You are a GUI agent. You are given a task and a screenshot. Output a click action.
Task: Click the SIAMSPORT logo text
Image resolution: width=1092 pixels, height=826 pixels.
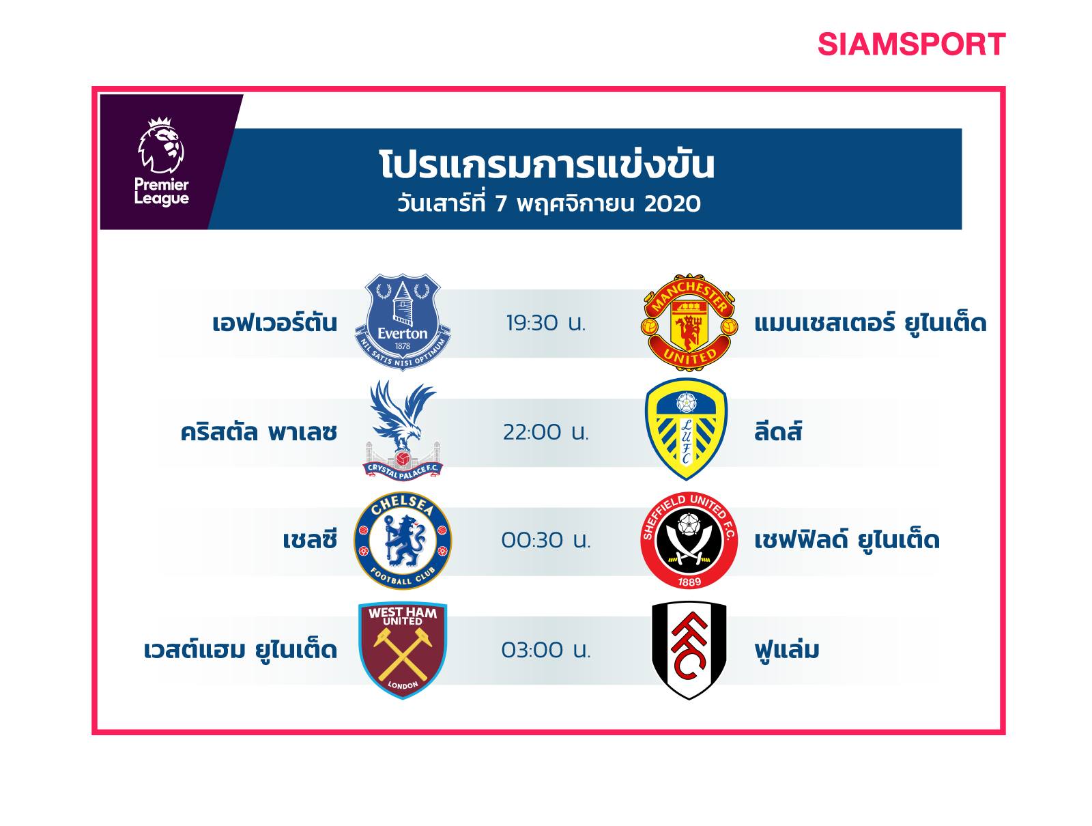(x=911, y=44)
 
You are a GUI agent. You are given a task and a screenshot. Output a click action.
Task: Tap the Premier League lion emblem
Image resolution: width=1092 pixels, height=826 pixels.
(x=160, y=145)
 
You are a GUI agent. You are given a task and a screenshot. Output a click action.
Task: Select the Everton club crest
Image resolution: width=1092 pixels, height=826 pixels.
(x=403, y=322)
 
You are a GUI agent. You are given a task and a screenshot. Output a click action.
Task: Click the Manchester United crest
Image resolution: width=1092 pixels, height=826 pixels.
(x=689, y=322)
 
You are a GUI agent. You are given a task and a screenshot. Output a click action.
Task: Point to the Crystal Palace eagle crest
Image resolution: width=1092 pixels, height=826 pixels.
(x=403, y=430)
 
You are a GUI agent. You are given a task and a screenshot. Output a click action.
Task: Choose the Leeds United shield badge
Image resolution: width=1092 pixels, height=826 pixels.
(x=686, y=429)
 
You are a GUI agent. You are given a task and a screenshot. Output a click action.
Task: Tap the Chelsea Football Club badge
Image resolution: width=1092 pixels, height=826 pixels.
(x=403, y=541)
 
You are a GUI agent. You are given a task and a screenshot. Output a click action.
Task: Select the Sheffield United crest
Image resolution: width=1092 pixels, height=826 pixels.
(x=689, y=541)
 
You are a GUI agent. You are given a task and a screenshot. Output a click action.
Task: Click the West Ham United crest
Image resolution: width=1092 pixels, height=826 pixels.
(x=403, y=651)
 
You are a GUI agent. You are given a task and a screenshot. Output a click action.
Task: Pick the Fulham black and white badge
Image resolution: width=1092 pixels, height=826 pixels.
(x=689, y=651)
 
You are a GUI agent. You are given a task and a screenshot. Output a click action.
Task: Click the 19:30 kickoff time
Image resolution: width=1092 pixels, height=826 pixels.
(x=546, y=324)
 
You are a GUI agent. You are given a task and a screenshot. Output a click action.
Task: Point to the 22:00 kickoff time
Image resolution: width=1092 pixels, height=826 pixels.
(x=546, y=432)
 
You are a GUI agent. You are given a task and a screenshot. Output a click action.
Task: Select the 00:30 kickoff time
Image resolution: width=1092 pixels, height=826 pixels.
(x=546, y=541)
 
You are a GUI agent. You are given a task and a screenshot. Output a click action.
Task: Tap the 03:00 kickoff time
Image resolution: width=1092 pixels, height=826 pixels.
(x=546, y=650)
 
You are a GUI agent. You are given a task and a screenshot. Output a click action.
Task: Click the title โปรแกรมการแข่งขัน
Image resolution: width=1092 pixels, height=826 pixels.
(x=547, y=165)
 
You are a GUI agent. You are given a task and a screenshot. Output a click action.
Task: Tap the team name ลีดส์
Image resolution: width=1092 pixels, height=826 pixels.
(x=778, y=430)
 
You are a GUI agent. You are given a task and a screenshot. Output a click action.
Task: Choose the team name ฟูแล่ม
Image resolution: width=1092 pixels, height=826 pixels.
(x=786, y=649)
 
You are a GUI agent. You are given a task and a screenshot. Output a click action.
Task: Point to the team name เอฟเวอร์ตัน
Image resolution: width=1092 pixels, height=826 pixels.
(x=274, y=322)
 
